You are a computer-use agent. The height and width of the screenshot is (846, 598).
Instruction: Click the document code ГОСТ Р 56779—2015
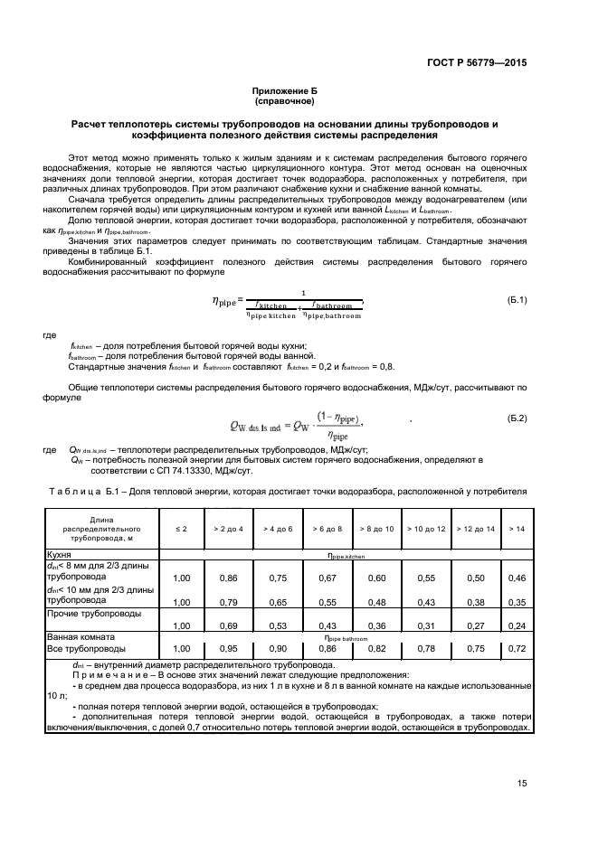click(x=478, y=63)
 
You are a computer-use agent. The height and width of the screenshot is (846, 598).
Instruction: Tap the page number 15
click(x=522, y=783)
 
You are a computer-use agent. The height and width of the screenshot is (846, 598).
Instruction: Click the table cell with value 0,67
click(x=327, y=577)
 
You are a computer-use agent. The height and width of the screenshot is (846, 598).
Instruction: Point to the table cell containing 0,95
click(x=229, y=648)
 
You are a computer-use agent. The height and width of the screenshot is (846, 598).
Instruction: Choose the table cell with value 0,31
click(x=424, y=625)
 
